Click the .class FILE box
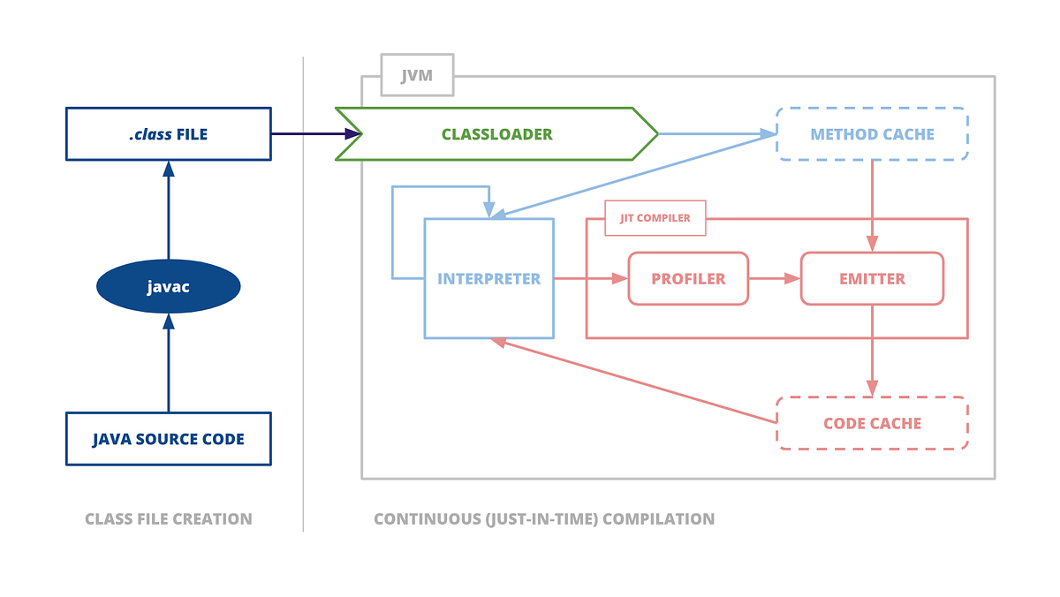pyautogui.click(x=168, y=134)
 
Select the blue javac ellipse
pyautogui.click(x=168, y=286)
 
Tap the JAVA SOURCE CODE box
pyautogui.click(x=168, y=438)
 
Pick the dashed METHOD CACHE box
pyautogui.click(x=872, y=134)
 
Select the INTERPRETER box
pyautogui.click(x=488, y=278)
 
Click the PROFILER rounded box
pyautogui.click(x=688, y=278)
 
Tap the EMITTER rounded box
pyautogui.click(x=872, y=278)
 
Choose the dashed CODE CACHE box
pyautogui.click(x=872, y=423)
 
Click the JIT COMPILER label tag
pyautogui.click(x=655, y=217)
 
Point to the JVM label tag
pyautogui.click(x=417, y=75)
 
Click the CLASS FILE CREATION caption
pyautogui.click(x=168, y=519)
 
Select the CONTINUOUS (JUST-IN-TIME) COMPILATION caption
pyautogui.click(x=544, y=519)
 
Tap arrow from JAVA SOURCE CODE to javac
pyautogui.click(x=168, y=362)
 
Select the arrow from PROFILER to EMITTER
pyautogui.click(x=774, y=278)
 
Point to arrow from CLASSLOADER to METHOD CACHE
pyautogui.click(x=715, y=134)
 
